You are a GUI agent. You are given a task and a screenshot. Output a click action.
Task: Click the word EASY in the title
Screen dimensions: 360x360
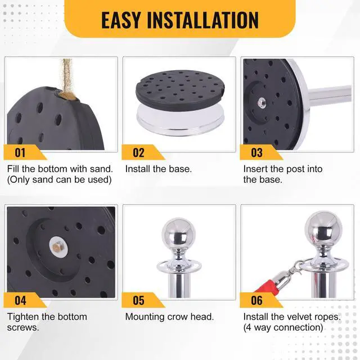tap(121, 20)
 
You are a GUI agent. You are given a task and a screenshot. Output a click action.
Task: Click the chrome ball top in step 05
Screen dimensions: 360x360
tap(179, 234)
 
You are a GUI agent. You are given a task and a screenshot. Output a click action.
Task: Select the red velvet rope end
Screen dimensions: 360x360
tap(265, 287)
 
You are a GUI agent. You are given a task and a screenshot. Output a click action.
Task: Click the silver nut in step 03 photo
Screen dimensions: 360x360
tap(262, 102)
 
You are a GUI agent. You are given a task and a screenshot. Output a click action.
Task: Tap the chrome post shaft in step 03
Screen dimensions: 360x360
tap(330, 93)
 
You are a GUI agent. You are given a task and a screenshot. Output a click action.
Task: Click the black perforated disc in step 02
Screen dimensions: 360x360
tap(180, 90)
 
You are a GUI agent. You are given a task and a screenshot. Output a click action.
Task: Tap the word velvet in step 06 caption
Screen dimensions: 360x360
tap(300, 317)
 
